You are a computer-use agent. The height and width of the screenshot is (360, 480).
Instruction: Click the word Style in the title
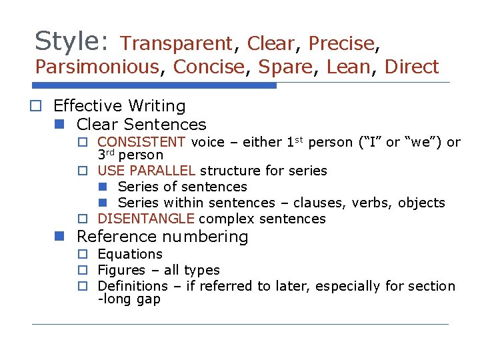coord(67,41)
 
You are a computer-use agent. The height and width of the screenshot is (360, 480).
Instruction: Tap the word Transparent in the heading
coord(177,44)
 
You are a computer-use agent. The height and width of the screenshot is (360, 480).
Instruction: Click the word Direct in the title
coord(412,67)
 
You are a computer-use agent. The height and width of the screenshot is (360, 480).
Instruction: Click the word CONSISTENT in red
coord(141,142)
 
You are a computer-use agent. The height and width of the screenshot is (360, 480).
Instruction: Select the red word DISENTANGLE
coord(146,219)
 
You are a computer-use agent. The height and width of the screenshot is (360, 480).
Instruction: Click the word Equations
coord(130,254)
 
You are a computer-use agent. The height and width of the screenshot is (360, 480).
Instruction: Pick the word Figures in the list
coord(121,270)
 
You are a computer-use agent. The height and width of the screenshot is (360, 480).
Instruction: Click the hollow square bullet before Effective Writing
coord(41,106)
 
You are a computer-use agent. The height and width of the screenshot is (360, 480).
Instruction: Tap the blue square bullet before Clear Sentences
coord(61,125)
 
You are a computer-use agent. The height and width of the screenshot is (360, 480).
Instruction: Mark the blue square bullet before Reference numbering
coord(61,237)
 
